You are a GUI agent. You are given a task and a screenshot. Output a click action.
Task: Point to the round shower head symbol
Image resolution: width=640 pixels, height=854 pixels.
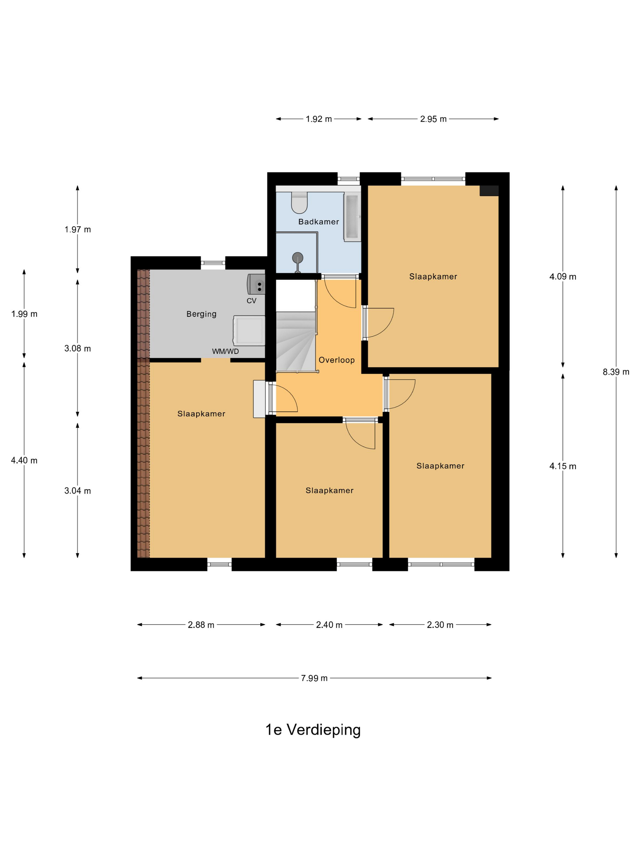pyautogui.click(x=297, y=257)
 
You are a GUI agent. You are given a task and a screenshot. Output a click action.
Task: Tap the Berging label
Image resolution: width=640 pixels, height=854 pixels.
pyautogui.click(x=201, y=314)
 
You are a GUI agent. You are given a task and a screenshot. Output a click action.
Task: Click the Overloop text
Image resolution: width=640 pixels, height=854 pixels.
pyautogui.click(x=336, y=360)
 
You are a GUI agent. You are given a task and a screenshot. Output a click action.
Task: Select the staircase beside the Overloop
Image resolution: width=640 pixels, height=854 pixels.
pyautogui.click(x=296, y=342)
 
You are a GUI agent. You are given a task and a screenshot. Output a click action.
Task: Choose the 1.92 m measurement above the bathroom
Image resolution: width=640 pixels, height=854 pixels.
pyautogui.click(x=319, y=119)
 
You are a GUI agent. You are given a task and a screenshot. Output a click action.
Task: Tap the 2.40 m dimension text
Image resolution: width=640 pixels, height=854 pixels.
pyautogui.click(x=329, y=625)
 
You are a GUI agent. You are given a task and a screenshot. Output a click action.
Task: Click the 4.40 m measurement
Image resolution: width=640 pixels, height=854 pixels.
pyautogui.click(x=24, y=460)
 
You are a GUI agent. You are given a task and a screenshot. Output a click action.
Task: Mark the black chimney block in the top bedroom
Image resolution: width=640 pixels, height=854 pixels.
pyautogui.click(x=489, y=191)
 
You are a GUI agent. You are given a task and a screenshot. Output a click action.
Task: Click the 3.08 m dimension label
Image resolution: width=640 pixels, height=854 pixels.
pyautogui.click(x=77, y=348)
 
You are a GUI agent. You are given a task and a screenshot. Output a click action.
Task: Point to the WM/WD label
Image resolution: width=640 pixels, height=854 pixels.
pyautogui.click(x=225, y=351)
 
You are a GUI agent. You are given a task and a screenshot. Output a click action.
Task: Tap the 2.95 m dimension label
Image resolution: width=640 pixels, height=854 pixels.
pyautogui.click(x=433, y=119)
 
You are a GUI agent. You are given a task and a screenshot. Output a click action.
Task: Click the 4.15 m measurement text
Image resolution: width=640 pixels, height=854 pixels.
pyautogui.click(x=563, y=466)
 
